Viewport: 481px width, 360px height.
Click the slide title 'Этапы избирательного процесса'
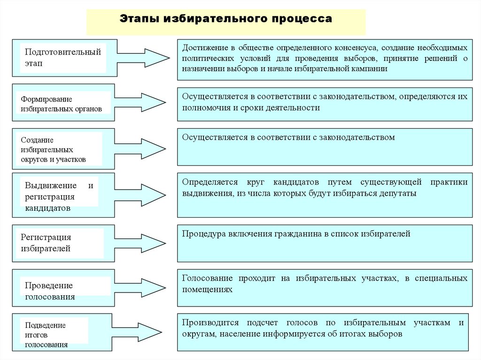225,19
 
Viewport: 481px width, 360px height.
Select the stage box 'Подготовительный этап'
63,57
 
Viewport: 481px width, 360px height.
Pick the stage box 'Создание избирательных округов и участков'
56,149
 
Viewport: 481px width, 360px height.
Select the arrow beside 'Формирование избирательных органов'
148,102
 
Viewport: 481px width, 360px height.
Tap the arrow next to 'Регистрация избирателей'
148,243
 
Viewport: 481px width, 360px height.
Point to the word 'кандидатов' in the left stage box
48,208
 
